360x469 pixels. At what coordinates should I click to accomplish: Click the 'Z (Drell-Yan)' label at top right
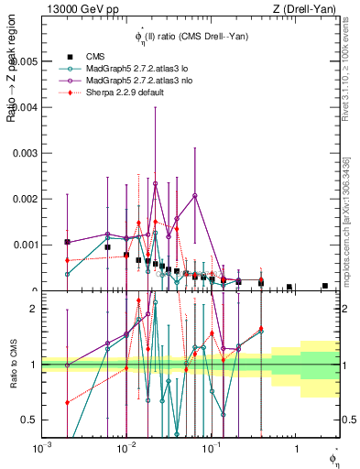point(312,8)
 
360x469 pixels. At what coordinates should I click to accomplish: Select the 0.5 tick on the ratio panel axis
point(30,420)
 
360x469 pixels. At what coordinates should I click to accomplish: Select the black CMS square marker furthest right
point(325,286)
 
